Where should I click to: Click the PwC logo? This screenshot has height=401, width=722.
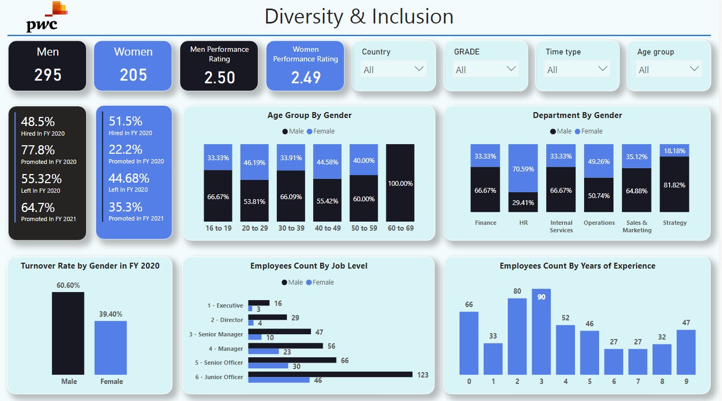tap(46, 17)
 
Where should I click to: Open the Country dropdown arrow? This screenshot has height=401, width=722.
tap(419, 69)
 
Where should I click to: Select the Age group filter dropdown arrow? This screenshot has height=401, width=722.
tap(694, 69)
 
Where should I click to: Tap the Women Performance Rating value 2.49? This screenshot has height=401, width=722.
tap(306, 78)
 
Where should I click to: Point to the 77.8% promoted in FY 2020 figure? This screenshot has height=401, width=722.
tap(38, 150)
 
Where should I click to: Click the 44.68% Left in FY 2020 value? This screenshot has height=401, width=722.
tap(129, 178)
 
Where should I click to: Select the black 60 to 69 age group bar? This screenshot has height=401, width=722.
tap(400, 183)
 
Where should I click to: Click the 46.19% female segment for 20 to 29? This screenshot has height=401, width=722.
tap(254, 162)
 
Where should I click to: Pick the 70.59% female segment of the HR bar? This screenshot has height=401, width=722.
tap(523, 168)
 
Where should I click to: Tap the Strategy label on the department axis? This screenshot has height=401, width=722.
tap(674, 223)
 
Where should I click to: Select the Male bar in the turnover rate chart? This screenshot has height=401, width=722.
tap(68, 333)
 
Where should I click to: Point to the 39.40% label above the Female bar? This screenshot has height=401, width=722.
tap(111, 314)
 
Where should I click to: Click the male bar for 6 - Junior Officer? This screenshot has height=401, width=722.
tap(330, 374)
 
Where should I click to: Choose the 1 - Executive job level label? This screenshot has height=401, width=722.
tap(225, 305)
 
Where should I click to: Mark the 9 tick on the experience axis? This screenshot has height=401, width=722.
tap(686, 382)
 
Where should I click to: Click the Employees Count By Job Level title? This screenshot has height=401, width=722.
tap(309, 266)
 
